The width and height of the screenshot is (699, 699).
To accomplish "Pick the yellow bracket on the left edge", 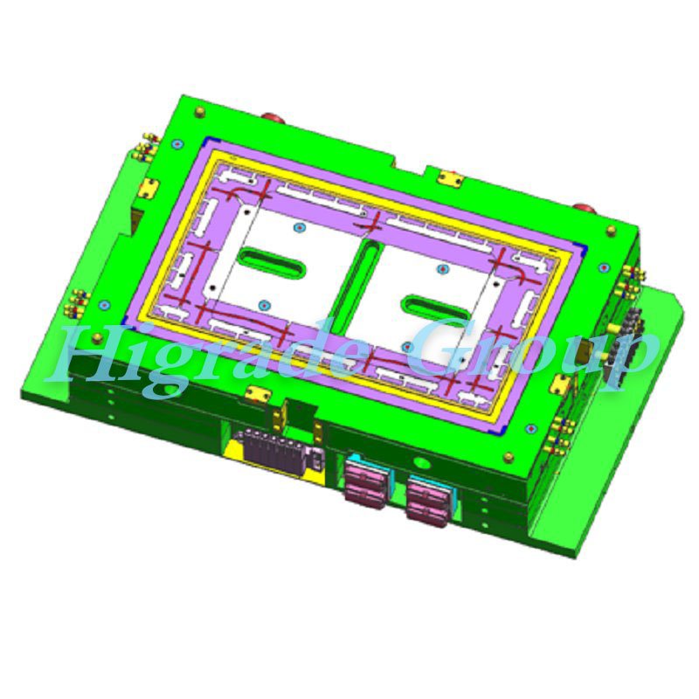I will tap(149, 188).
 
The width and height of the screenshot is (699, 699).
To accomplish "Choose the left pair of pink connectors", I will tap(367, 483).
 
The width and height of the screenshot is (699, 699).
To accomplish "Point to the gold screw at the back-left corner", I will tap(200, 112).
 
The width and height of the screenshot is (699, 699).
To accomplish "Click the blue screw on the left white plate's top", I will tap(300, 228).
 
